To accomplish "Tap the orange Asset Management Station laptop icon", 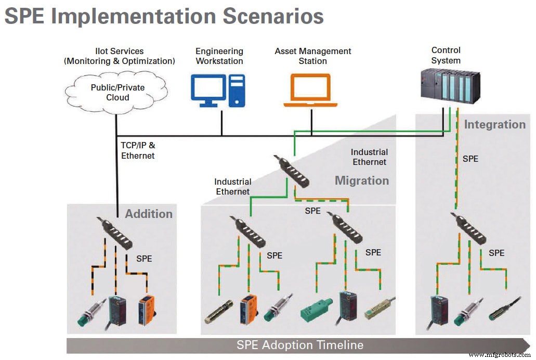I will pyautogui.click(x=310, y=91).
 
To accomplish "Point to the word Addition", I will pyautogui.click(x=149, y=214).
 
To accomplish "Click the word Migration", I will pyautogui.click(x=361, y=181).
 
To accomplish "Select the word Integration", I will pyautogui.click(x=494, y=124).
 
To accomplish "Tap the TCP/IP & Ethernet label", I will pyautogui.click(x=138, y=151).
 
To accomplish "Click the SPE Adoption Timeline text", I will pyautogui.click(x=299, y=345).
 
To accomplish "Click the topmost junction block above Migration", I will pyautogui.click(x=292, y=171).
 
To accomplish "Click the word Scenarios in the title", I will pyautogui.click(x=273, y=16).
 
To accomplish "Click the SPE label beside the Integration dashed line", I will pyautogui.click(x=470, y=159).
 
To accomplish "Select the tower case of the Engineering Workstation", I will pyautogui.click(x=237, y=91).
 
